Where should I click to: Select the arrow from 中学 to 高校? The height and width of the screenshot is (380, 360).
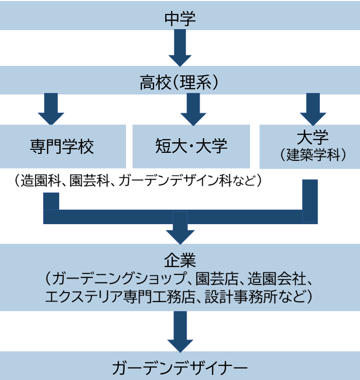pyautogui.click(x=180, y=48)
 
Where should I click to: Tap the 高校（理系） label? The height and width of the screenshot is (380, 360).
pyautogui.click(x=180, y=82)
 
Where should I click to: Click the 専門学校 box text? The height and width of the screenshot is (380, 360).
pyautogui.click(x=62, y=147)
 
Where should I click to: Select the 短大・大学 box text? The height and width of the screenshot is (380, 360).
pyautogui.click(x=191, y=146)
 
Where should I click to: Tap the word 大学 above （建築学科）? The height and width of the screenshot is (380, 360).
pyautogui.click(x=312, y=137)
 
